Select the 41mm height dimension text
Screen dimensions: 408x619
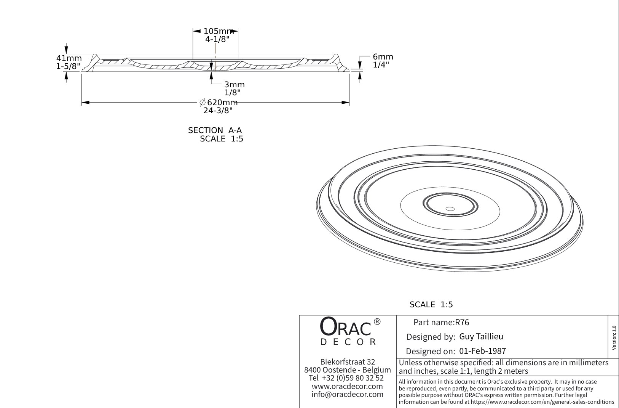click(69, 58)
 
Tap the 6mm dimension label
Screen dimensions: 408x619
click(383, 57)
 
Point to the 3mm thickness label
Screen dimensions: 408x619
click(234, 85)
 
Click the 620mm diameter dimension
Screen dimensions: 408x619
click(219, 103)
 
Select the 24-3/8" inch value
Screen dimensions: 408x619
click(218, 111)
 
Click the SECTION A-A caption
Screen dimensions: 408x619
click(215, 130)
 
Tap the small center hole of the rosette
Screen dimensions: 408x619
click(450, 209)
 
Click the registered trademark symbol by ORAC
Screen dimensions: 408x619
click(377, 322)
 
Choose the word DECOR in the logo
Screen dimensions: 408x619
click(348, 342)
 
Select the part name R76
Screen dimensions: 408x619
click(462, 323)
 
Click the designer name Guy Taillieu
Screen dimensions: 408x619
click(481, 336)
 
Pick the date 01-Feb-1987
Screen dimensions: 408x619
click(482, 351)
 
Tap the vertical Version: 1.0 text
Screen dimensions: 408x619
click(614, 338)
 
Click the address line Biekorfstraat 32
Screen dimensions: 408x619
click(348, 362)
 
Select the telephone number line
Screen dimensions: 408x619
click(346, 378)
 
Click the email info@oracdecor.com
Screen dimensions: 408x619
click(347, 394)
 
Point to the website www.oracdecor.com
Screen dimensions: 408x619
click(347, 386)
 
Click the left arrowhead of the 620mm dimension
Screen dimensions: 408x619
click(85, 103)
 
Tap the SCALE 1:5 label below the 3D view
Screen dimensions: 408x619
click(431, 305)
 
